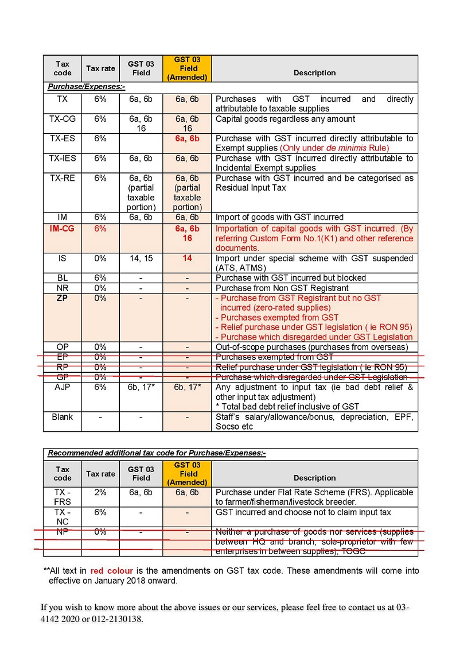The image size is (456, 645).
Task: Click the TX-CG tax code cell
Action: click(63, 119)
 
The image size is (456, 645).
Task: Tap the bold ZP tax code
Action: click(63, 298)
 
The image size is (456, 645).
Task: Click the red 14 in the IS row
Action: click(188, 258)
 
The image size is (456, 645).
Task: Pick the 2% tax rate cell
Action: click(100, 492)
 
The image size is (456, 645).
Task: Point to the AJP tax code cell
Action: click(63, 387)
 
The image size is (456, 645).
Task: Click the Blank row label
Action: click(63, 417)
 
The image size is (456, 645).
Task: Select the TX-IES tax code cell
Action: click(63, 158)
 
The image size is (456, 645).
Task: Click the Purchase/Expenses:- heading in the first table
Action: click(86, 87)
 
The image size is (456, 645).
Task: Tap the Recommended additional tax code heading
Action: click(157, 453)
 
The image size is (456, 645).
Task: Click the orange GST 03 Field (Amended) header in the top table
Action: click(188, 68)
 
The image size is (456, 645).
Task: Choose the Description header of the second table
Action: click(314, 478)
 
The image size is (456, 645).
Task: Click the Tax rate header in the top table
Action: click(100, 69)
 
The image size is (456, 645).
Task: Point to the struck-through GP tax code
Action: click(63, 377)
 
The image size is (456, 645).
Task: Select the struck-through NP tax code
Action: click(63, 531)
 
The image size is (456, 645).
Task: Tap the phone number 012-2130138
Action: click(116, 620)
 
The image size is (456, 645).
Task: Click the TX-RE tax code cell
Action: click(63, 178)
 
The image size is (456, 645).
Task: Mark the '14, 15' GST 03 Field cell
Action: click(141, 258)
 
